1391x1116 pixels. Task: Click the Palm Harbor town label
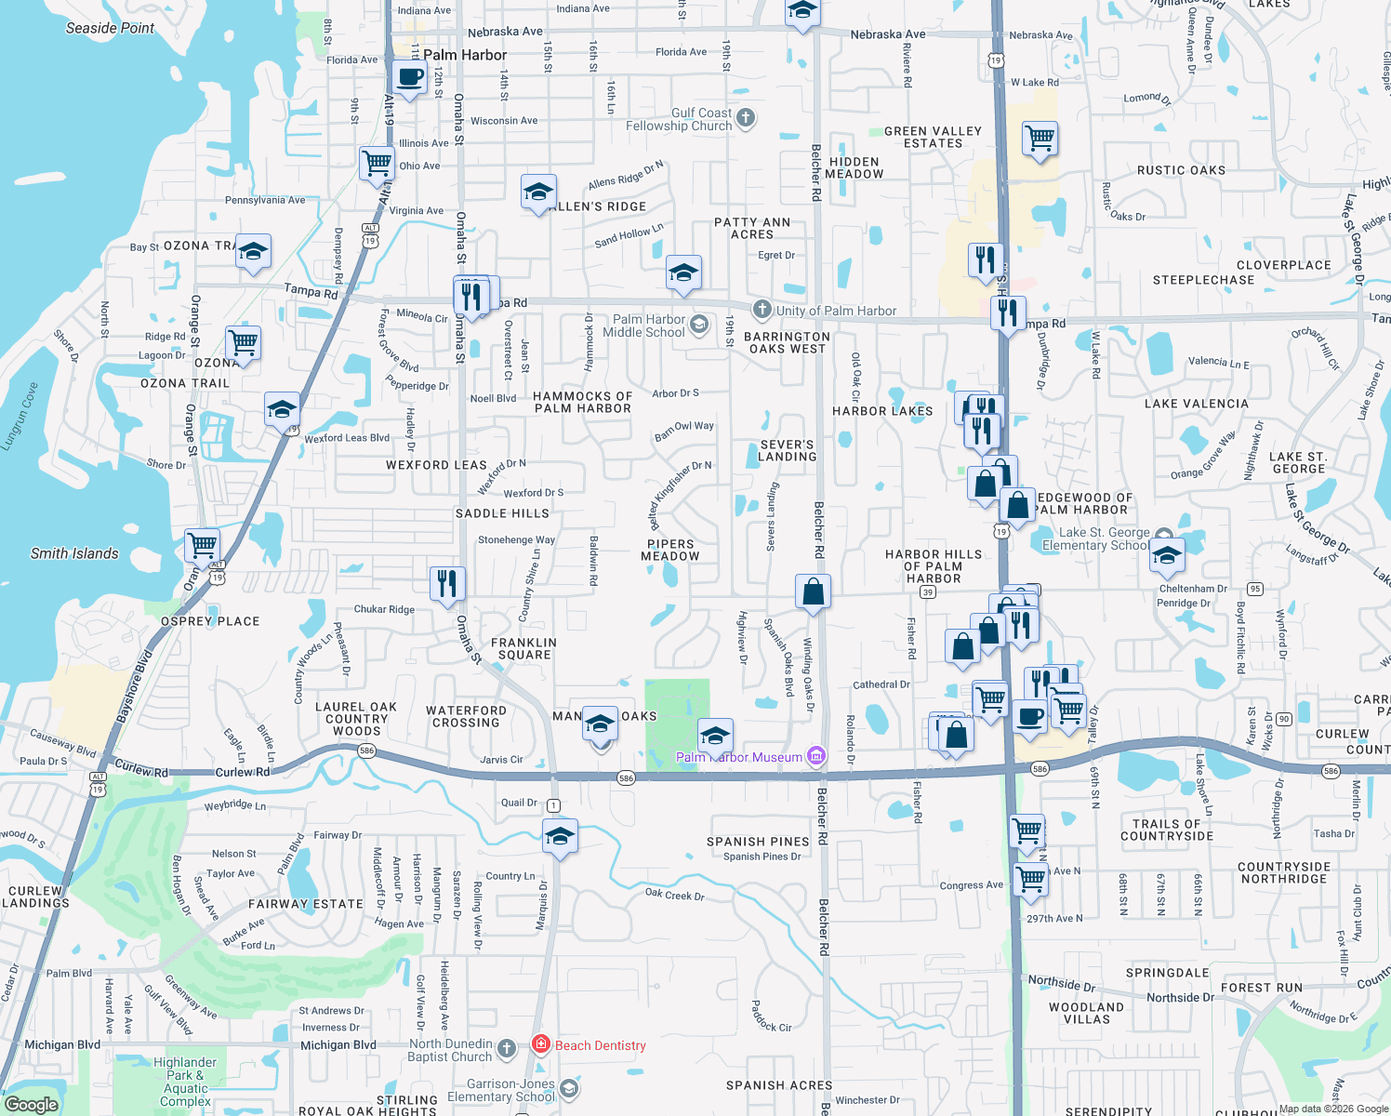pyautogui.click(x=465, y=55)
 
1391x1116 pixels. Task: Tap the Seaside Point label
pyautogui.click(x=110, y=28)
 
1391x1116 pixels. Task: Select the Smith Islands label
pyautogui.click(x=74, y=553)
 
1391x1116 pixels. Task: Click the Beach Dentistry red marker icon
pyautogui.click(x=541, y=1044)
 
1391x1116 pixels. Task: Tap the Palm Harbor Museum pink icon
pyautogui.click(x=816, y=756)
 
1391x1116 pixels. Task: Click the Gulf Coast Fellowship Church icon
pyautogui.click(x=746, y=118)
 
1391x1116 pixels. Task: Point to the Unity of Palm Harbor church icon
pyautogui.click(x=762, y=310)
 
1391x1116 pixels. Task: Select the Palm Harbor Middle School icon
pyautogui.click(x=699, y=325)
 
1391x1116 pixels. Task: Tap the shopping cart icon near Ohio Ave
pyautogui.click(x=378, y=163)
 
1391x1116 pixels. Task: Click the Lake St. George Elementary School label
pyautogui.click(x=1094, y=538)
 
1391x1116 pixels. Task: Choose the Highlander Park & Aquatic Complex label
pyautogui.click(x=185, y=1082)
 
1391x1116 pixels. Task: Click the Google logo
pyautogui.click(x=31, y=1104)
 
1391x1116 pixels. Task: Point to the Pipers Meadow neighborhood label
pyautogui.click(x=670, y=550)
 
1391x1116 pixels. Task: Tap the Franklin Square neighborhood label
pyautogui.click(x=524, y=648)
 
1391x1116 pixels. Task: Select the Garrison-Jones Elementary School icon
pyautogui.click(x=569, y=1088)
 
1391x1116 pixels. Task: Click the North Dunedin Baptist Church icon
pyautogui.click(x=507, y=1050)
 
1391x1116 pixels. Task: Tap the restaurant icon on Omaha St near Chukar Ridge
pyautogui.click(x=447, y=584)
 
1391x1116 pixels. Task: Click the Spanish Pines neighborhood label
pyautogui.click(x=758, y=842)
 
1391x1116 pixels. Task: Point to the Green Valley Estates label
pyautogui.click(x=933, y=137)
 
